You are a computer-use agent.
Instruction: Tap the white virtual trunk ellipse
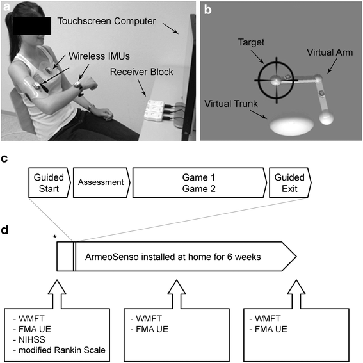[x=285, y=125]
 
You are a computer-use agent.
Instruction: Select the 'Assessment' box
[x=100, y=182]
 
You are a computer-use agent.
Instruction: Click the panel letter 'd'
[x=5, y=227]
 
